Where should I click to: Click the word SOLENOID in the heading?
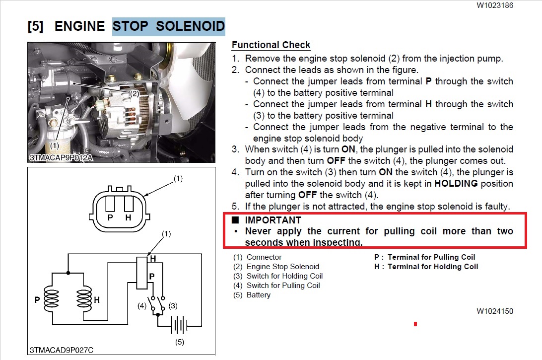(x=190, y=26)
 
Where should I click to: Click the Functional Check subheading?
(x=271, y=45)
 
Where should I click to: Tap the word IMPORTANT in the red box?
(x=273, y=220)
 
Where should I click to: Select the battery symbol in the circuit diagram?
(x=179, y=325)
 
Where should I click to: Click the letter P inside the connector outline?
(x=110, y=217)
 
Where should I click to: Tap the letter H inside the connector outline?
(x=129, y=217)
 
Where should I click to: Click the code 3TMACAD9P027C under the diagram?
(x=62, y=350)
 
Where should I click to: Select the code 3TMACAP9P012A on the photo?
(x=61, y=158)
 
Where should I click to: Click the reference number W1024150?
(x=495, y=311)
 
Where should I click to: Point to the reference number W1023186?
(x=495, y=5)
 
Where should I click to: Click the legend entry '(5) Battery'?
(x=252, y=295)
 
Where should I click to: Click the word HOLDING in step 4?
(x=456, y=183)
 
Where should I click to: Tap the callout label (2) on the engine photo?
(x=134, y=94)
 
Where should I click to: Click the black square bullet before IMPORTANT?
(x=235, y=220)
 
